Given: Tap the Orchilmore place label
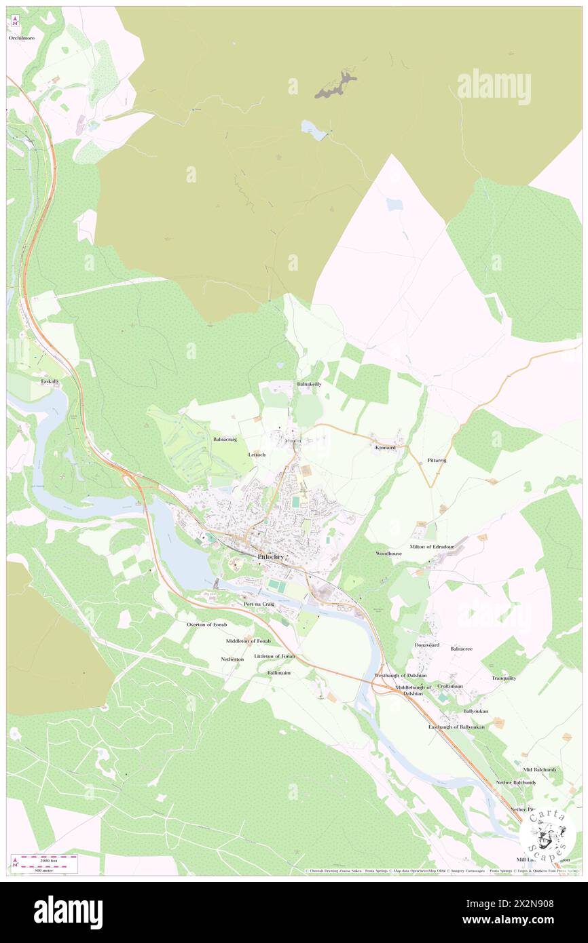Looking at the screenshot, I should click(x=22, y=39).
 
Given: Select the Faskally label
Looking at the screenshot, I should click(x=50, y=381).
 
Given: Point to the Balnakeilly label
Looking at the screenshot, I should click(x=309, y=384).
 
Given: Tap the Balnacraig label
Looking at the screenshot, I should click(x=225, y=440).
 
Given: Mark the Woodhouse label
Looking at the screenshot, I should click(x=389, y=554).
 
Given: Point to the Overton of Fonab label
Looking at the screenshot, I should click(x=207, y=624).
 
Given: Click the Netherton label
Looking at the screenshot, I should click(x=232, y=659).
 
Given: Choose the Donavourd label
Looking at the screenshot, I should click(x=427, y=645).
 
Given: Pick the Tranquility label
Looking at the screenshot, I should click(x=504, y=678).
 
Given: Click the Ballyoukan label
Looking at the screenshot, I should click(x=475, y=711).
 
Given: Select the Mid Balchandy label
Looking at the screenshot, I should click(x=540, y=769).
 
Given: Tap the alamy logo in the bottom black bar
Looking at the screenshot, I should click(x=68, y=912).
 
